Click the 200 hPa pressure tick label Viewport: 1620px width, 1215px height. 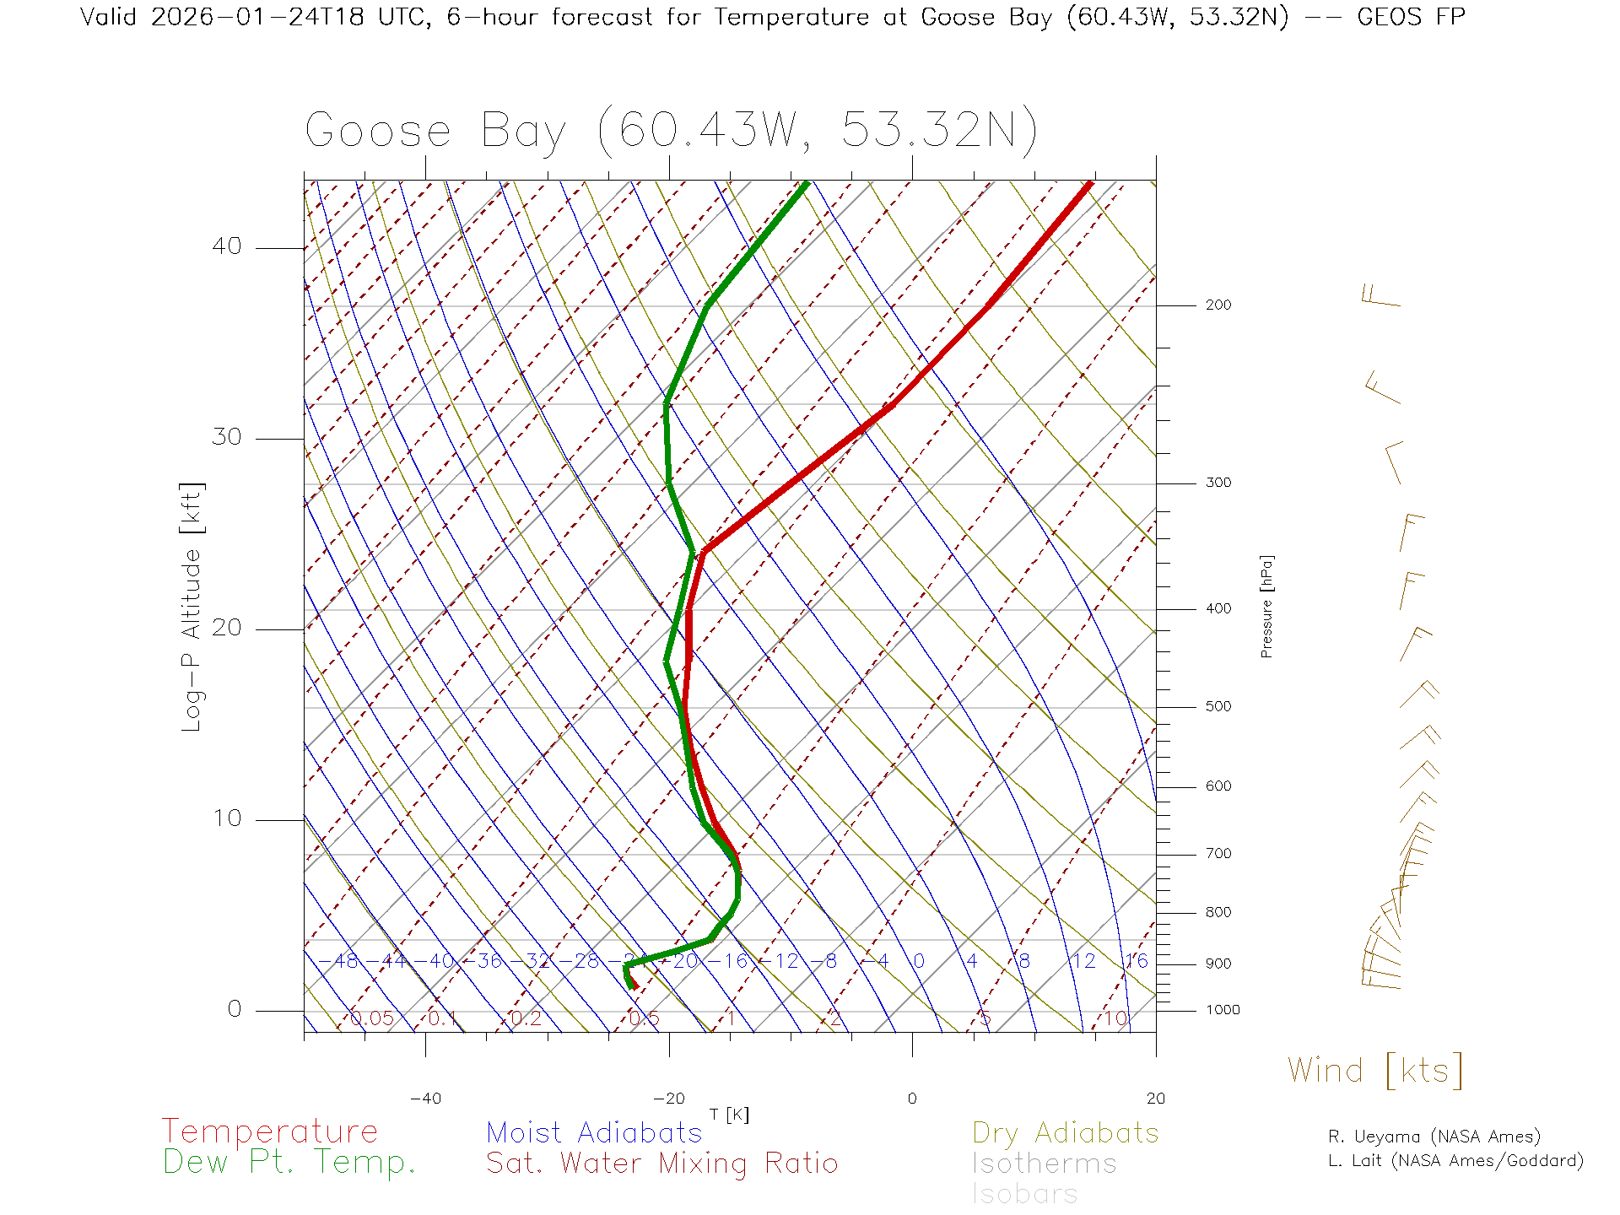click(x=1218, y=305)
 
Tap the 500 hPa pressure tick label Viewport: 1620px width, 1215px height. click(x=1218, y=707)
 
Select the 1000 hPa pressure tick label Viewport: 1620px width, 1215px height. click(x=1223, y=1010)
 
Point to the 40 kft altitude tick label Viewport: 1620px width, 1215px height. click(x=226, y=246)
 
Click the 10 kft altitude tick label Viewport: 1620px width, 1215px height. click(x=226, y=818)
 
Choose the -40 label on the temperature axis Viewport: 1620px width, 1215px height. click(x=425, y=1099)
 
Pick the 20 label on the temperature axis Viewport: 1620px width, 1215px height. click(x=1155, y=1099)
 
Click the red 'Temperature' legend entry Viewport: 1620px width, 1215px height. click(x=269, y=1131)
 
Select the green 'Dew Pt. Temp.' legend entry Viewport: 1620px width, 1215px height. click(x=289, y=1163)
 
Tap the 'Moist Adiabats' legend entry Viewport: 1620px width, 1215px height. click(x=594, y=1132)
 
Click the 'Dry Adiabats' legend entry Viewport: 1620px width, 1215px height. click(x=1066, y=1132)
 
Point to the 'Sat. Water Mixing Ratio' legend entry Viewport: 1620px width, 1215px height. click(x=661, y=1164)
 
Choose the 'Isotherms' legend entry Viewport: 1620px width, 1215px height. click(x=1044, y=1164)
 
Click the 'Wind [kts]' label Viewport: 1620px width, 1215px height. click(x=1374, y=1070)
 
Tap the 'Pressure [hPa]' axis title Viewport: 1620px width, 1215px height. click(x=1266, y=606)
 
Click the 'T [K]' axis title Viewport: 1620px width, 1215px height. click(x=729, y=1115)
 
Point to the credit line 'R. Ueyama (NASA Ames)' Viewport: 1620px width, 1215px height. click(x=1434, y=1137)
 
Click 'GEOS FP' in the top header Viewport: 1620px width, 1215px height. click(x=1411, y=17)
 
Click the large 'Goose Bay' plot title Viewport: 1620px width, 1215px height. click(x=435, y=132)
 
